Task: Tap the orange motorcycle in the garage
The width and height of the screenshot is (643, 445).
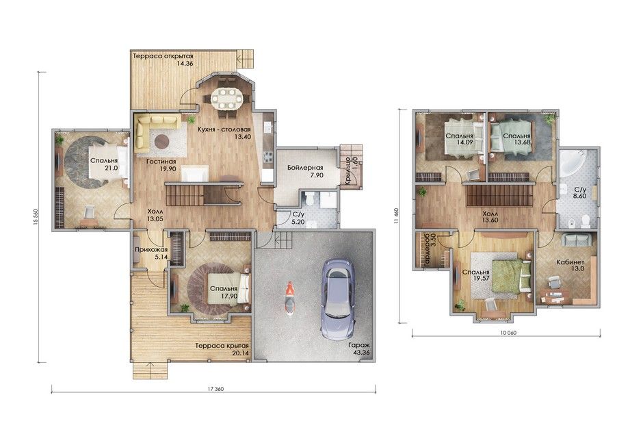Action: pyautogui.click(x=289, y=298)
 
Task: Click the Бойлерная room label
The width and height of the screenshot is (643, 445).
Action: pyautogui.click(x=305, y=168)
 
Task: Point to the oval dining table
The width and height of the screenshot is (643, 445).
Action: pyautogui.click(x=227, y=98)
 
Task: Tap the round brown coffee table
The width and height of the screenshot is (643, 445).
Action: pyautogui.click(x=161, y=142)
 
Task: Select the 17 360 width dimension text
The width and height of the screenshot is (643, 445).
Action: pyautogui.click(x=214, y=389)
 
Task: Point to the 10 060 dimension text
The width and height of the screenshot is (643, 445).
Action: pyautogui.click(x=506, y=333)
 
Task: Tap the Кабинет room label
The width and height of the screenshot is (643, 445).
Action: pyautogui.click(x=570, y=262)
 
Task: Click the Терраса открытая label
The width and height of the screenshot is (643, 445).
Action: pyautogui.click(x=162, y=56)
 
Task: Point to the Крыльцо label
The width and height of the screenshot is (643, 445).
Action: pyautogui.click(x=347, y=172)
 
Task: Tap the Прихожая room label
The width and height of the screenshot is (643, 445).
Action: pyautogui.click(x=151, y=250)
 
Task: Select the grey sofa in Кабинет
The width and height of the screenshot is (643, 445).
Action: pyautogui.click(x=577, y=239)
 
